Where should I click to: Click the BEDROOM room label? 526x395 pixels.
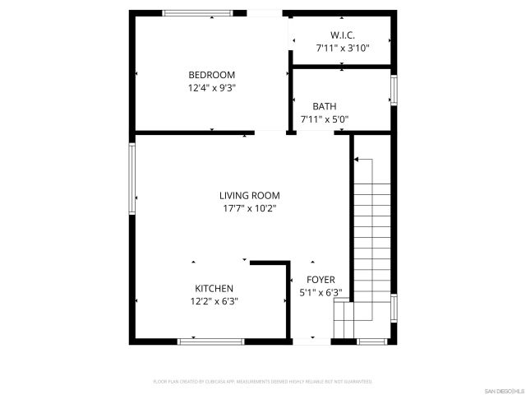tap(212, 74)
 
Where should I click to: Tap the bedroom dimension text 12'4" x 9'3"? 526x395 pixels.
tap(212, 87)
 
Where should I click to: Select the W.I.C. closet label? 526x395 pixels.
tap(343, 35)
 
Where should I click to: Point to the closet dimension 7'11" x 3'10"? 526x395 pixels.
tap(343, 49)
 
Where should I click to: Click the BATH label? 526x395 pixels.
tap(324, 106)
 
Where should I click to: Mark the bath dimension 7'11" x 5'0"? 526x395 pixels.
tap(324, 119)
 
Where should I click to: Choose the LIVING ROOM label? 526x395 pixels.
tap(249, 195)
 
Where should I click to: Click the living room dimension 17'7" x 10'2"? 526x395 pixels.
tap(249, 208)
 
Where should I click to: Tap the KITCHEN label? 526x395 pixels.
tap(214, 288)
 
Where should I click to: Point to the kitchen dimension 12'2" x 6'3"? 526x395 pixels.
tap(214, 301)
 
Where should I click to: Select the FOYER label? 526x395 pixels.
tap(320, 280)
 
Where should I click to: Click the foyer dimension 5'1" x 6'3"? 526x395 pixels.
tap(320, 293)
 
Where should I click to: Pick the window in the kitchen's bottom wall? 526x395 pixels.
tap(210, 341)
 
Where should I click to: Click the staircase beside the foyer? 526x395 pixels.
tap(371, 239)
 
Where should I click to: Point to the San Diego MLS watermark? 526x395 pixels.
tap(503, 389)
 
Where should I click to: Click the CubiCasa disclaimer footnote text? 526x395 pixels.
tap(263, 382)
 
